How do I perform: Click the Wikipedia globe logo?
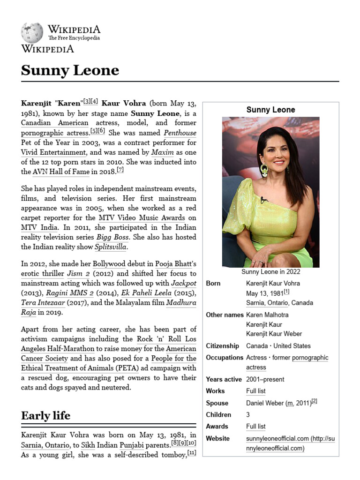coord(32,33)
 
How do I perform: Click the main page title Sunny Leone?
coord(70,70)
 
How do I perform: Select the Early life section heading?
coord(45,415)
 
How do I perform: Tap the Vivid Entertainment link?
coord(53,152)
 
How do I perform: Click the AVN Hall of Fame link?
coord(60,172)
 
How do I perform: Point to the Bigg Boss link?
coord(112,237)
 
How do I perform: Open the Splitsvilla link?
coord(111,247)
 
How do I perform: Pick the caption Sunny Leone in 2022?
coord(270,272)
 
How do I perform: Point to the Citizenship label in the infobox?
coord(222,346)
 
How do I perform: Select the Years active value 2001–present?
coord(265,379)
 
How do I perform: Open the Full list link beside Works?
coord(255,391)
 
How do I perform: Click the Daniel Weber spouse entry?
coord(265,403)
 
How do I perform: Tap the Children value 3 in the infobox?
coord(248,415)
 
